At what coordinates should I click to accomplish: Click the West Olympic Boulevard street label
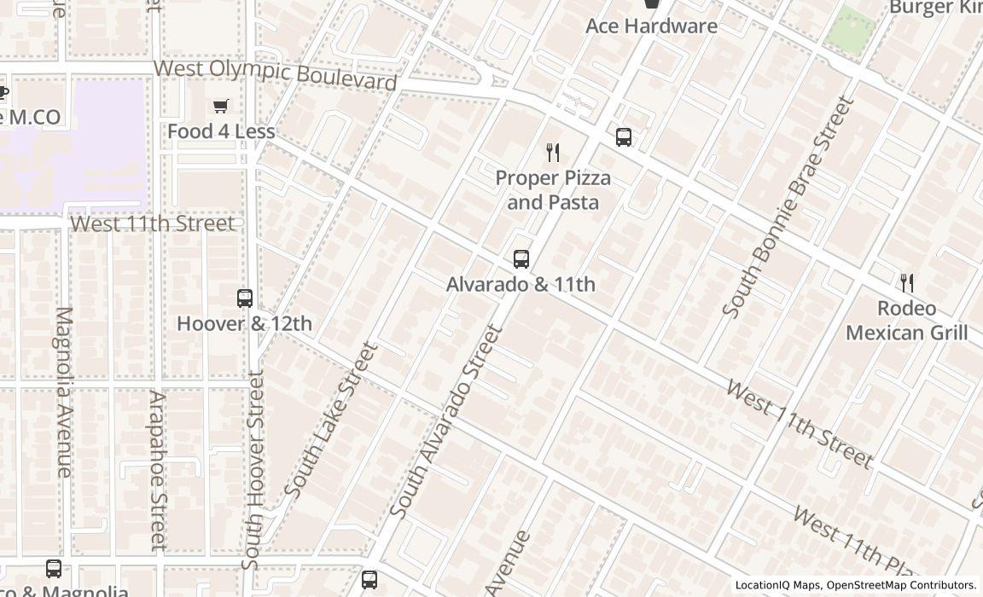click(275, 74)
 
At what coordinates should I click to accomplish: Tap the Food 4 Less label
click(221, 131)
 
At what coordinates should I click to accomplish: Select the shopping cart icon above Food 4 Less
click(221, 107)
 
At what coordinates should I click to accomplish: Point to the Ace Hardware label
click(651, 26)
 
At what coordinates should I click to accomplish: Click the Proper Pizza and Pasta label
click(553, 190)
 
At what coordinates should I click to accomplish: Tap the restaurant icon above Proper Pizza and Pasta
click(553, 153)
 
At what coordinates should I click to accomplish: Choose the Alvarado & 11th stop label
click(521, 284)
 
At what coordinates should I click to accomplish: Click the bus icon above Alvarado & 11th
click(521, 259)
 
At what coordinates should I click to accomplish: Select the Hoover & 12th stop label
click(244, 324)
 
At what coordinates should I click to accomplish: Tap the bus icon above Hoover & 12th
click(245, 298)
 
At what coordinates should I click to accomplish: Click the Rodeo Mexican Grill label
click(906, 320)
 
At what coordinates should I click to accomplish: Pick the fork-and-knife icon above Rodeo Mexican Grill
click(907, 283)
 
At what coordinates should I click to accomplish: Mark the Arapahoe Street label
click(157, 470)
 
